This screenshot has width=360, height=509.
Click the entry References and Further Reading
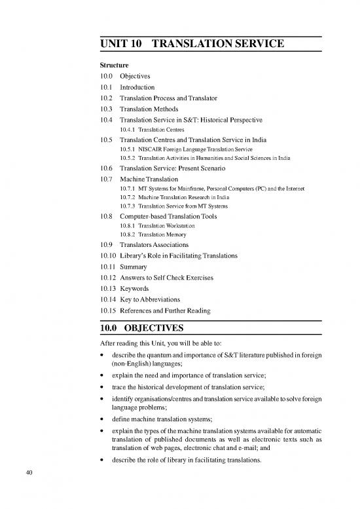pos(167,311)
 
